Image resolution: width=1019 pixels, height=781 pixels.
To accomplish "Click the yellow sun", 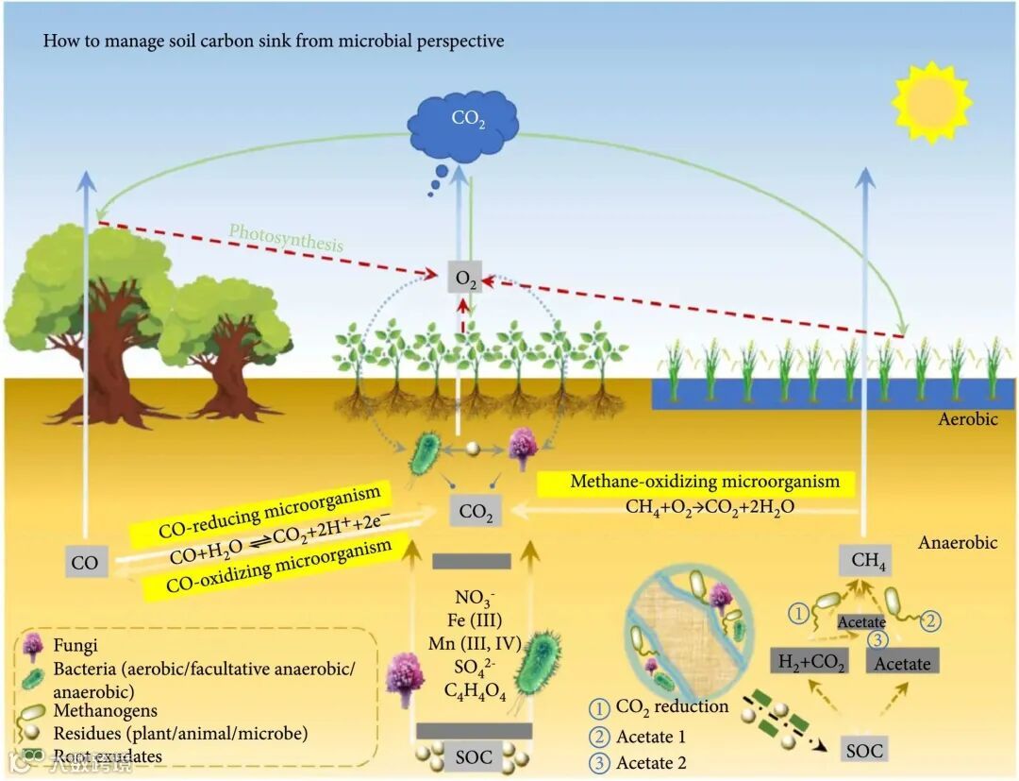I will point(930,101).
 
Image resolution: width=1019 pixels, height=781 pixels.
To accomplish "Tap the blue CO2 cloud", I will point(462,122).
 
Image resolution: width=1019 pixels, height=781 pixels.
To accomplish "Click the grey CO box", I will point(84,564).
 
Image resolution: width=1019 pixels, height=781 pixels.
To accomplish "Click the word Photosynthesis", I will point(285,237).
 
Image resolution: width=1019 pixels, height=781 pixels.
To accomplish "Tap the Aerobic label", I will point(967,419).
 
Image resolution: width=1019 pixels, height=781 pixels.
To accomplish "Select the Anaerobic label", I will point(959,544).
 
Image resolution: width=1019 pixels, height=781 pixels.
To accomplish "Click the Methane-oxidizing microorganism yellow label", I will point(704,483).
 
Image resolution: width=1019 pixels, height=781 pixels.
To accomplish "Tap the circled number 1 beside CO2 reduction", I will point(599,706).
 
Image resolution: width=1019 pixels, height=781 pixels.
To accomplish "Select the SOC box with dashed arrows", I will point(864,751).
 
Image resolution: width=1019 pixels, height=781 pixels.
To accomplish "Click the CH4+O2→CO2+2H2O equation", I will point(710,507).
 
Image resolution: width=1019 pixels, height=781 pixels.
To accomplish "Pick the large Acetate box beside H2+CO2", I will point(902,663).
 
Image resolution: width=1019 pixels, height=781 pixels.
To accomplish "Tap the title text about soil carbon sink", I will point(274,42).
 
